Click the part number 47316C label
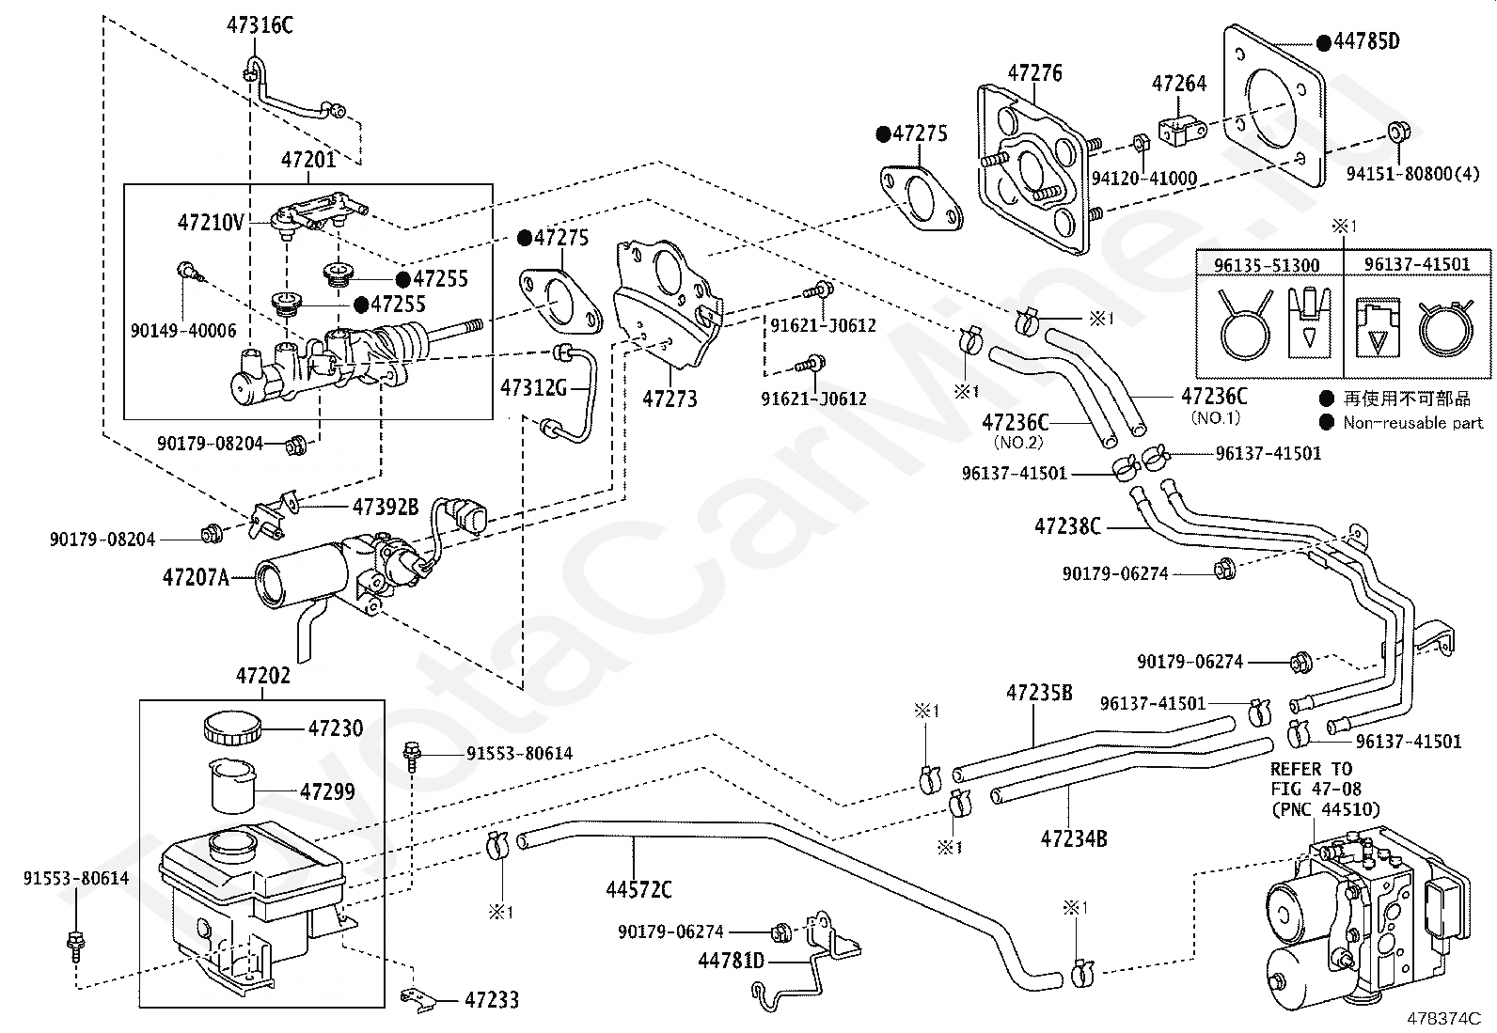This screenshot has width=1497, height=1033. [x=260, y=25]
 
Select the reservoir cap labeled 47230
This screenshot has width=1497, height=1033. [x=230, y=728]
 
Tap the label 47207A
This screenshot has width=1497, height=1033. [x=196, y=577]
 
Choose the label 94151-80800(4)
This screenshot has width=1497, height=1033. [x=1412, y=174]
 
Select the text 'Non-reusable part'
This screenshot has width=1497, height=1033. [x=1412, y=423]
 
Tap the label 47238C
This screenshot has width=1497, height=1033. [x=1067, y=526]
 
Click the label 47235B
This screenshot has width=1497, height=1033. [x=1039, y=693]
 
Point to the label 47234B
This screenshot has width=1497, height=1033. [x=1074, y=837]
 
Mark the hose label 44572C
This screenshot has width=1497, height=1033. [x=638, y=888]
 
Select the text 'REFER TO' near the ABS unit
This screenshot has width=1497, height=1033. [x=1311, y=769]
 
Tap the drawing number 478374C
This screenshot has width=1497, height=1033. [x=1443, y=1017]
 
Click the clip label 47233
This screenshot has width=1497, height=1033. [x=492, y=1000]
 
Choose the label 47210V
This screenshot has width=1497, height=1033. [x=211, y=223]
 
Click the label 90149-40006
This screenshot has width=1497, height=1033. [x=183, y=331]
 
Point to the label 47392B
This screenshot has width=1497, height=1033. [x=385, y=508]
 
